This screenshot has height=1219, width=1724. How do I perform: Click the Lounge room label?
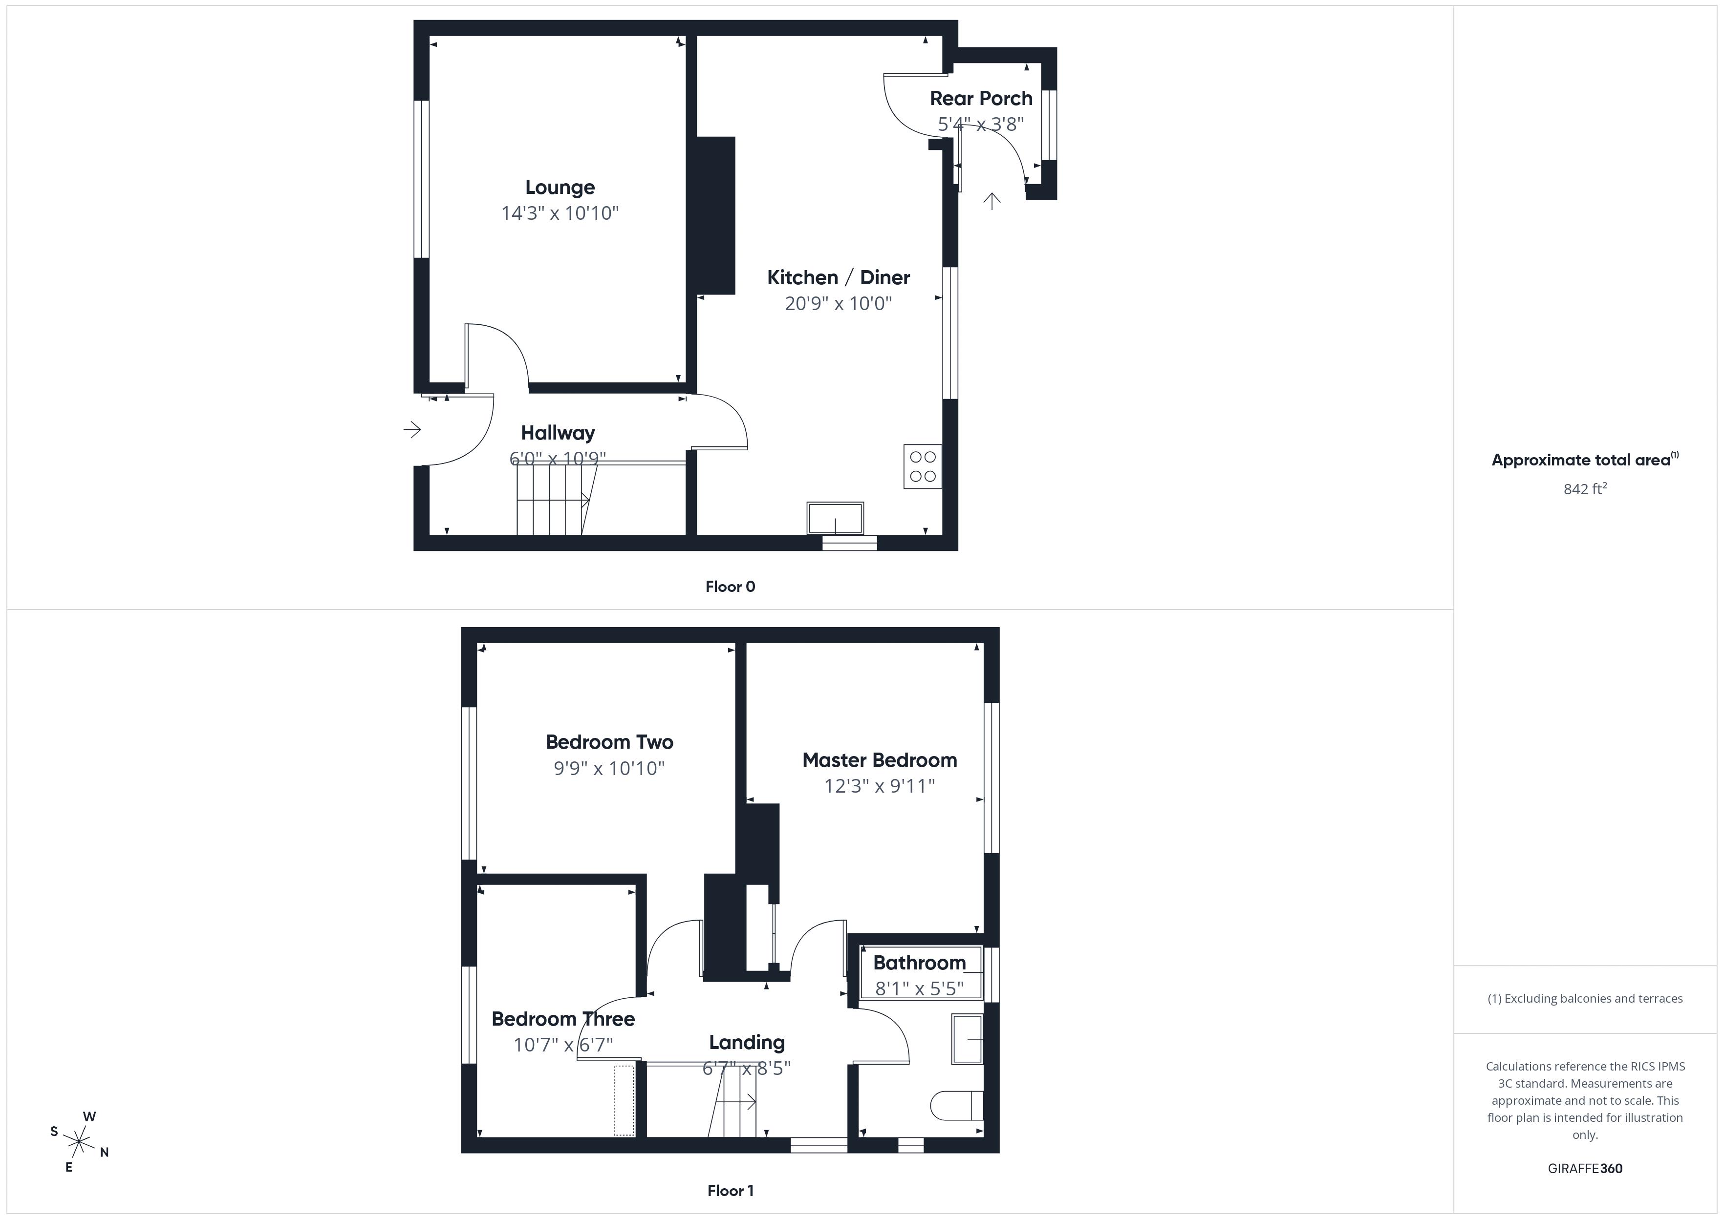tap(560, 187)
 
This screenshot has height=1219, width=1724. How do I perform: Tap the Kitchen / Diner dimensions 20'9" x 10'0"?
tap(838, 303)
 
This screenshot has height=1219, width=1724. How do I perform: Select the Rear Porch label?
tap(981, 98)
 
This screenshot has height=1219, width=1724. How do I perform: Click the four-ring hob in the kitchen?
tap(922, 466)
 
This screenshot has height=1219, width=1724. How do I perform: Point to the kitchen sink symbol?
tap(835, 518)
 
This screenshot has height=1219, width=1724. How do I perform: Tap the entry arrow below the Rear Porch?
tap(992, 200)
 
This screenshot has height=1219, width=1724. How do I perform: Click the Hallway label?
tap(558, 433)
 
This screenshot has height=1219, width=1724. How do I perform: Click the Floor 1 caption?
tap(730, 1191)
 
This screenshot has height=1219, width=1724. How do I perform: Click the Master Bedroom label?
tap(879, 760)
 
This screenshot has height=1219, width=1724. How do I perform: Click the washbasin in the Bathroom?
tap(967, 1039)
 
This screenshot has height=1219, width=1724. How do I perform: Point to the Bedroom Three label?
tap(563, 1019)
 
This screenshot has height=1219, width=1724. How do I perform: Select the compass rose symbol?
tap(79, 1142)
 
